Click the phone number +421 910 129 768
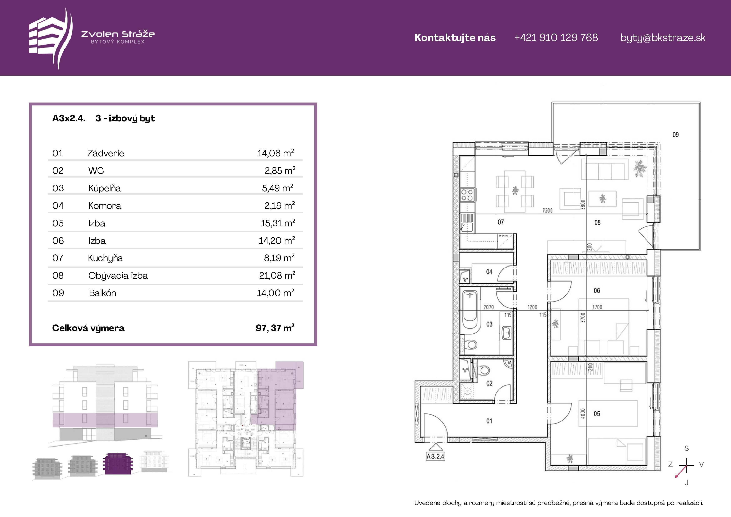click(556, 38)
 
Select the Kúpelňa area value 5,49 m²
click(278, 188)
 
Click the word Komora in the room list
click(105, 206)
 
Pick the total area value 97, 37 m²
click(275, 328)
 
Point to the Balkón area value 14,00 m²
click(276, 293)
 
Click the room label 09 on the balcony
click(675, 135)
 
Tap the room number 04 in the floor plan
click(489, 272)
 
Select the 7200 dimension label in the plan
click(547, 210)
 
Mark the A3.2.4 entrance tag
click(435, 456)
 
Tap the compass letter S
click(686, 449)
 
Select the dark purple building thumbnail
click(118, 463)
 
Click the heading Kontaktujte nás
click(455, 38)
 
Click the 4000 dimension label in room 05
click(583, 413)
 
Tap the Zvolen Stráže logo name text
click(118, 34)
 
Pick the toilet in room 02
click(484, 371)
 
